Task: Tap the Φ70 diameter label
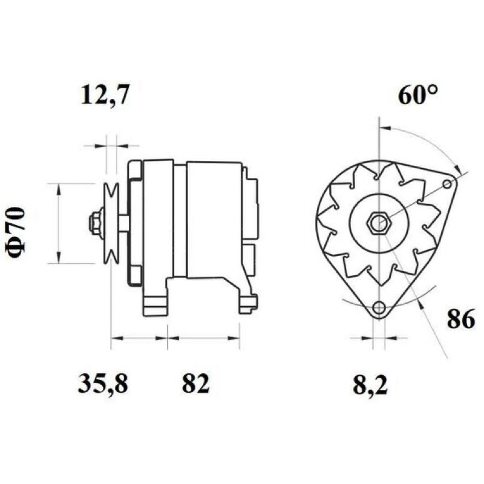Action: [16, 232]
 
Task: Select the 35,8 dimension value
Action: [102, 384]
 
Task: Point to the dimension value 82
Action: [195, 384]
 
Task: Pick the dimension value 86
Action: [461, 319]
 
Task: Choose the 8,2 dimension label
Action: [370, 385]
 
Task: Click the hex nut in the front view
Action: [379, 222]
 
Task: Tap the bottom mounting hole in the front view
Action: [379, 307]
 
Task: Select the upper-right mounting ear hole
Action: [447, 185]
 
